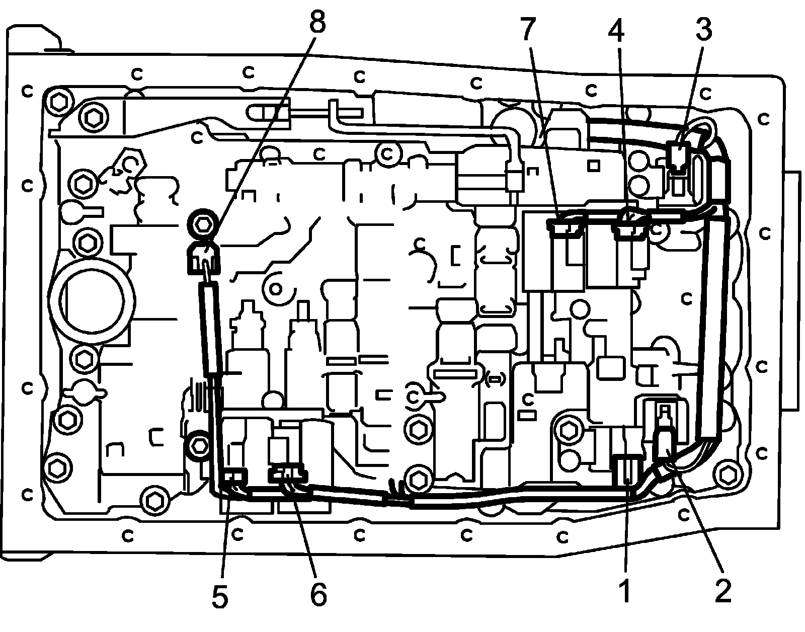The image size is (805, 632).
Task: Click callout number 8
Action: (x=317, y=22)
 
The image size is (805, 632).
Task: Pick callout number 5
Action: (x=220, y=596)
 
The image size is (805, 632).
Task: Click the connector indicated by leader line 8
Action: (x=203, y=258)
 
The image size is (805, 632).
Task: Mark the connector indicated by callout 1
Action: (x=626, y=470)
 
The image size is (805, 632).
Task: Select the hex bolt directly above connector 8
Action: (x=202, y=224)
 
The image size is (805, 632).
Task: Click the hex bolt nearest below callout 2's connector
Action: (x=727, y=473)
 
